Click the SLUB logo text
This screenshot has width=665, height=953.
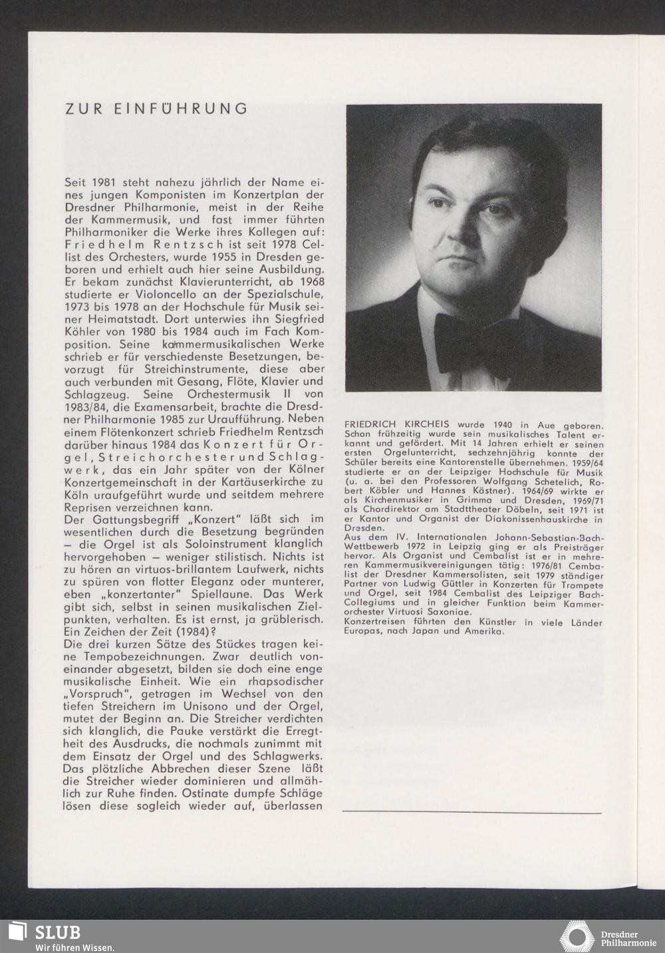(x=57, y=932)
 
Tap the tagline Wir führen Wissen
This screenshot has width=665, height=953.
(x=75, y=947)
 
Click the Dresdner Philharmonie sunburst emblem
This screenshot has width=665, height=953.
(x=577, y=936)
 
